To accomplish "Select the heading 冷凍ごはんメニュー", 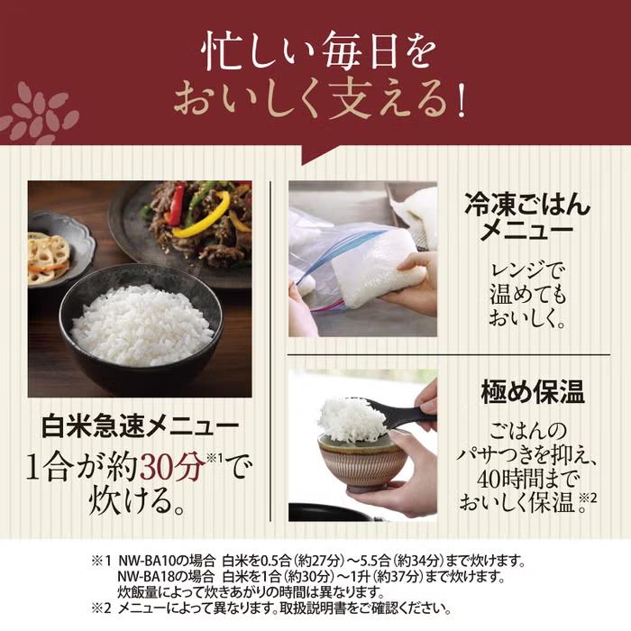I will [527, 218].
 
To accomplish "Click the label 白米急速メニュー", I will [141, 425].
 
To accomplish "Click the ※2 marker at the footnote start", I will [100, 608].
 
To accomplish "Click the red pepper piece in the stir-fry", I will [175, 204].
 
